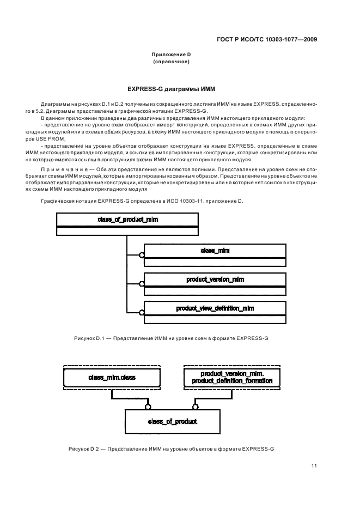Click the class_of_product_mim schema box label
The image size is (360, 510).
pos(129,220)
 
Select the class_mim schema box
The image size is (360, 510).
pos(215,250)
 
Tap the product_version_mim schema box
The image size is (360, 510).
pos(215,280)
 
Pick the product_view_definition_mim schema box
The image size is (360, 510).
pos(215,308)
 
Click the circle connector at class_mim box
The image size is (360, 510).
pos(142,254)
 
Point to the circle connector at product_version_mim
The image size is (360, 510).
pos(142,284)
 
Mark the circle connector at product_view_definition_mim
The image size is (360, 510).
pos(142,313)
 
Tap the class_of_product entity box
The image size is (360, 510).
pos(172,421)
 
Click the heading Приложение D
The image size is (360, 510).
pos(172,54)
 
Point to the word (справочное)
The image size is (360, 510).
pos(172,62)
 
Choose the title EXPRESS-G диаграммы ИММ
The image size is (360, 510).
pos(172,88)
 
